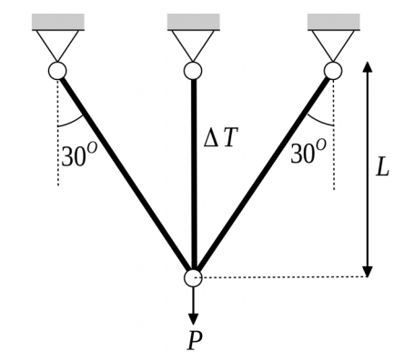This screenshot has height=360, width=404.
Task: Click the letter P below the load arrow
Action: (x=194, y=342)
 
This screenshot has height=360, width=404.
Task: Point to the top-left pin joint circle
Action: (x=57, y=70)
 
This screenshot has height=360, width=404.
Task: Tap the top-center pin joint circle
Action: (x=193, y=70)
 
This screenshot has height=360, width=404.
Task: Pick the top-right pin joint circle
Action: (x=333, y=70)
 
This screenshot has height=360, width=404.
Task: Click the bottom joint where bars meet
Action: (x=193, y=277)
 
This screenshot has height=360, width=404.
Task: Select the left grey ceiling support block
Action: (x=57, y=21)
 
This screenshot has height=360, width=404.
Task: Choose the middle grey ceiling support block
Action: (x=193, y=21)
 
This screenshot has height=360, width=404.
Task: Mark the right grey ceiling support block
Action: (x=333, y=21)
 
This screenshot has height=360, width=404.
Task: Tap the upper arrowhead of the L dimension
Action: (x=368, y=68)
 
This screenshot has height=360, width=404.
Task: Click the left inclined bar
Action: (x=125, y=173)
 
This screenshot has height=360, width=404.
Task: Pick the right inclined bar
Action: (x=264, y=173)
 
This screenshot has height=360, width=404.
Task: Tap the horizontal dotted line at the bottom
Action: (x=282, y=277)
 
